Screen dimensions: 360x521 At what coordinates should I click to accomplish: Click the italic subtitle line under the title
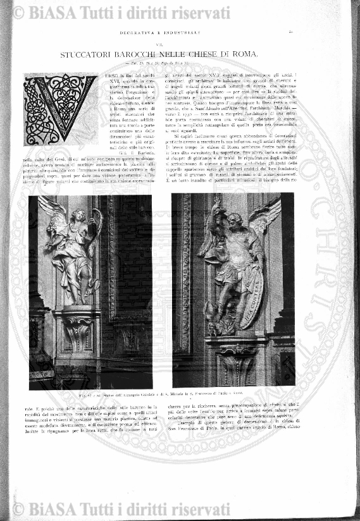click(180, 66)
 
